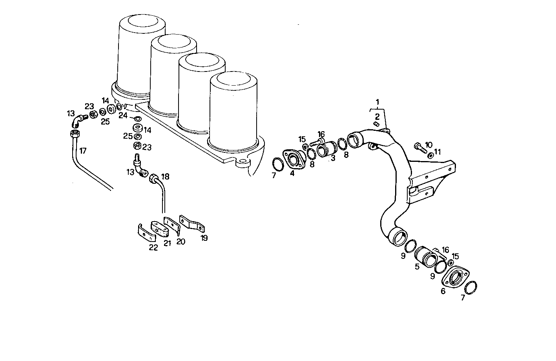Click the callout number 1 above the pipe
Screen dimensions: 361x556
377,103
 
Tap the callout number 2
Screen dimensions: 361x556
377,116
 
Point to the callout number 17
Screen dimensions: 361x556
83,150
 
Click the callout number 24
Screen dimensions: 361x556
123,115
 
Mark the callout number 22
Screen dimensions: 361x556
153,247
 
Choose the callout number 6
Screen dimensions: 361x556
443,291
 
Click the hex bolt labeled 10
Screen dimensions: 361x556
419,148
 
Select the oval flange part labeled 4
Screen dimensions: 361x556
293,160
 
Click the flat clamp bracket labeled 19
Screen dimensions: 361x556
192,224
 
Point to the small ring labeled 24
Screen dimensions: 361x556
137,118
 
